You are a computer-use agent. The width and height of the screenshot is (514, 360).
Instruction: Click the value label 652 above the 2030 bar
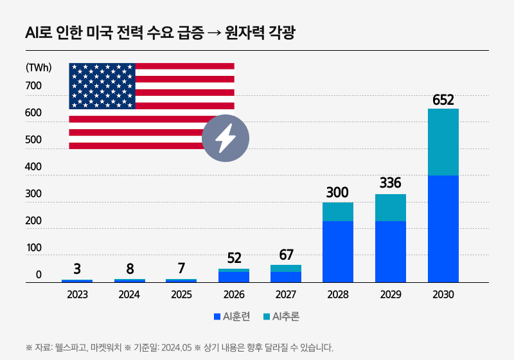pyautogui.click(x=443, y=100)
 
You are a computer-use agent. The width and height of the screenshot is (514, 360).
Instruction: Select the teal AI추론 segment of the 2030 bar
pyautogui.click(x=443, y=141)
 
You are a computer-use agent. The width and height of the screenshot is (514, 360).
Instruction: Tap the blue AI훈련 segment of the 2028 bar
pyautogui.click(x=338, y=251)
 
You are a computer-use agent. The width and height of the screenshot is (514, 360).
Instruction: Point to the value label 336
pyautogui.click(x=391, y=183)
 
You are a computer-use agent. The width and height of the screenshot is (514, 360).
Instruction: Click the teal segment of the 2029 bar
pyautogui.click(x=391, y=207)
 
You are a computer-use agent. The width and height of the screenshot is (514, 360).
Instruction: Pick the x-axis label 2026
pyautogui.click(x=234, y=295)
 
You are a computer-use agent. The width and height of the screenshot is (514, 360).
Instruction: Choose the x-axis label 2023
pyautogui.click(x=77, y=295)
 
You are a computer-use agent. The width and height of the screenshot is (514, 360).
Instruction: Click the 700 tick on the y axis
pyautogui.click(x=33, y=86)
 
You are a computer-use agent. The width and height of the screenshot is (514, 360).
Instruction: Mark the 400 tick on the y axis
pyautogui.click(x=33, y=167)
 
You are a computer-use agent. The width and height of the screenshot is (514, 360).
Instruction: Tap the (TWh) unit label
pyautogui.click(x=39, y=67)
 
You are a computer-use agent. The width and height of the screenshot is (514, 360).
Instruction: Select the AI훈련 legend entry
pyautogui.click(x=236, y=316)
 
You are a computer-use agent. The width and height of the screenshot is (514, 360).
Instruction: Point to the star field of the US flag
pyautogui.click(x=102, y=85)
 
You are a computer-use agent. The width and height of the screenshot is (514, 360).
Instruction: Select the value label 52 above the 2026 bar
pyautogui.click(x=234, y=258)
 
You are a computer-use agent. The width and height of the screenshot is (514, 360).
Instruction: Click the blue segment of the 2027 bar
pyautogui.click(x=286, y=276)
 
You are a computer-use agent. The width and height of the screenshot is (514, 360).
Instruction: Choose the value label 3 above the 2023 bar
pyautogui.click(x=77, y=269)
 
